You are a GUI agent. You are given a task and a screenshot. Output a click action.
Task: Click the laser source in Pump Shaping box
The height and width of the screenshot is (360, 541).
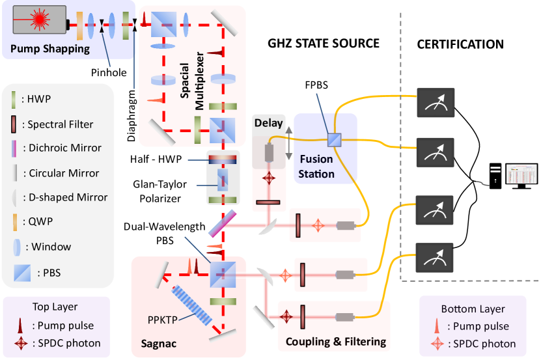39,20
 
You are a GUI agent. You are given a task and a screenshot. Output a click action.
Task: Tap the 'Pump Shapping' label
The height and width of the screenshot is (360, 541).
49,49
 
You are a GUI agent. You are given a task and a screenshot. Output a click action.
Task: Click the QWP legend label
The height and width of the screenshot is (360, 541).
40,222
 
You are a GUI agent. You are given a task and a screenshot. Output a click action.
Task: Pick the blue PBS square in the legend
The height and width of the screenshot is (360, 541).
22,273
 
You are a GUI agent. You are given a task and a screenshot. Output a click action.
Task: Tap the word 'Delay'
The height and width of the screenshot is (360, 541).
268,123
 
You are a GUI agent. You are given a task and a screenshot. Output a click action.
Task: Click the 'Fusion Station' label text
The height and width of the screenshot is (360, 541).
317,167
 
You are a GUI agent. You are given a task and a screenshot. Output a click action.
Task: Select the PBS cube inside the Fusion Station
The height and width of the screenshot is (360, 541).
334,139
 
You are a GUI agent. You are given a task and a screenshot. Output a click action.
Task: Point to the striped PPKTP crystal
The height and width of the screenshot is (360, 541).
191,305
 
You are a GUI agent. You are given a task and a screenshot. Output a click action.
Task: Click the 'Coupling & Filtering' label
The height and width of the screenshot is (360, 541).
335,342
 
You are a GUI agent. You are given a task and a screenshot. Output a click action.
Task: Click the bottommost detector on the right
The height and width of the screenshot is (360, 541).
435,258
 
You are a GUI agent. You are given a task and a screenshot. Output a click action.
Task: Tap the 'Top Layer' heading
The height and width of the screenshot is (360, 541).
55,307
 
